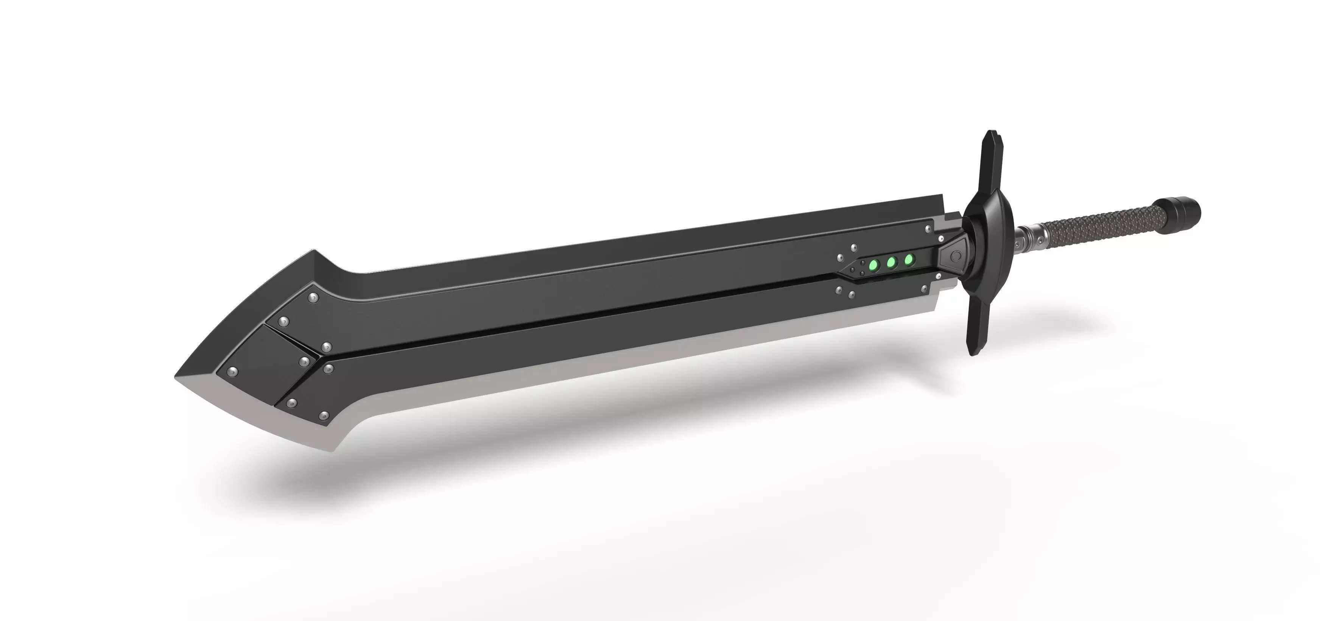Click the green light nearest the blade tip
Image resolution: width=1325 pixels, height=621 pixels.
[873, 266]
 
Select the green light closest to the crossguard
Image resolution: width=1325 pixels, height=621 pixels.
[909, 258]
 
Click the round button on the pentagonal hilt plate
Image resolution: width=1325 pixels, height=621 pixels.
[956, 255]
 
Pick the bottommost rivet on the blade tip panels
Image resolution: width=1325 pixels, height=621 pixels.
[324, 415]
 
